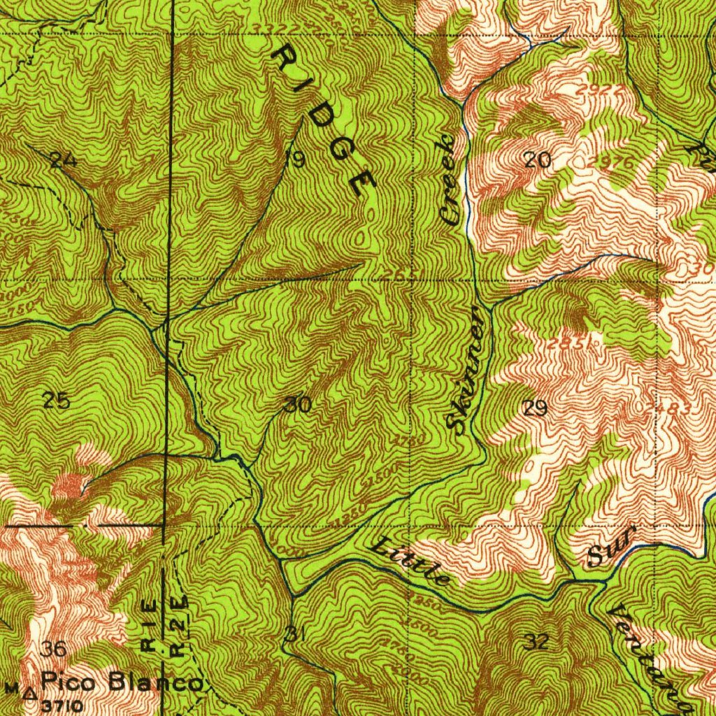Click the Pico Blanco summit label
[x=123, y=682]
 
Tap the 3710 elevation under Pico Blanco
[x=64, y=705]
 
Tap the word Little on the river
[x=410, y=561]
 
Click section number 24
[x=64, y=161]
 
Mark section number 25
[x=56, y=401]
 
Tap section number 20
[x=537, y=161]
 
